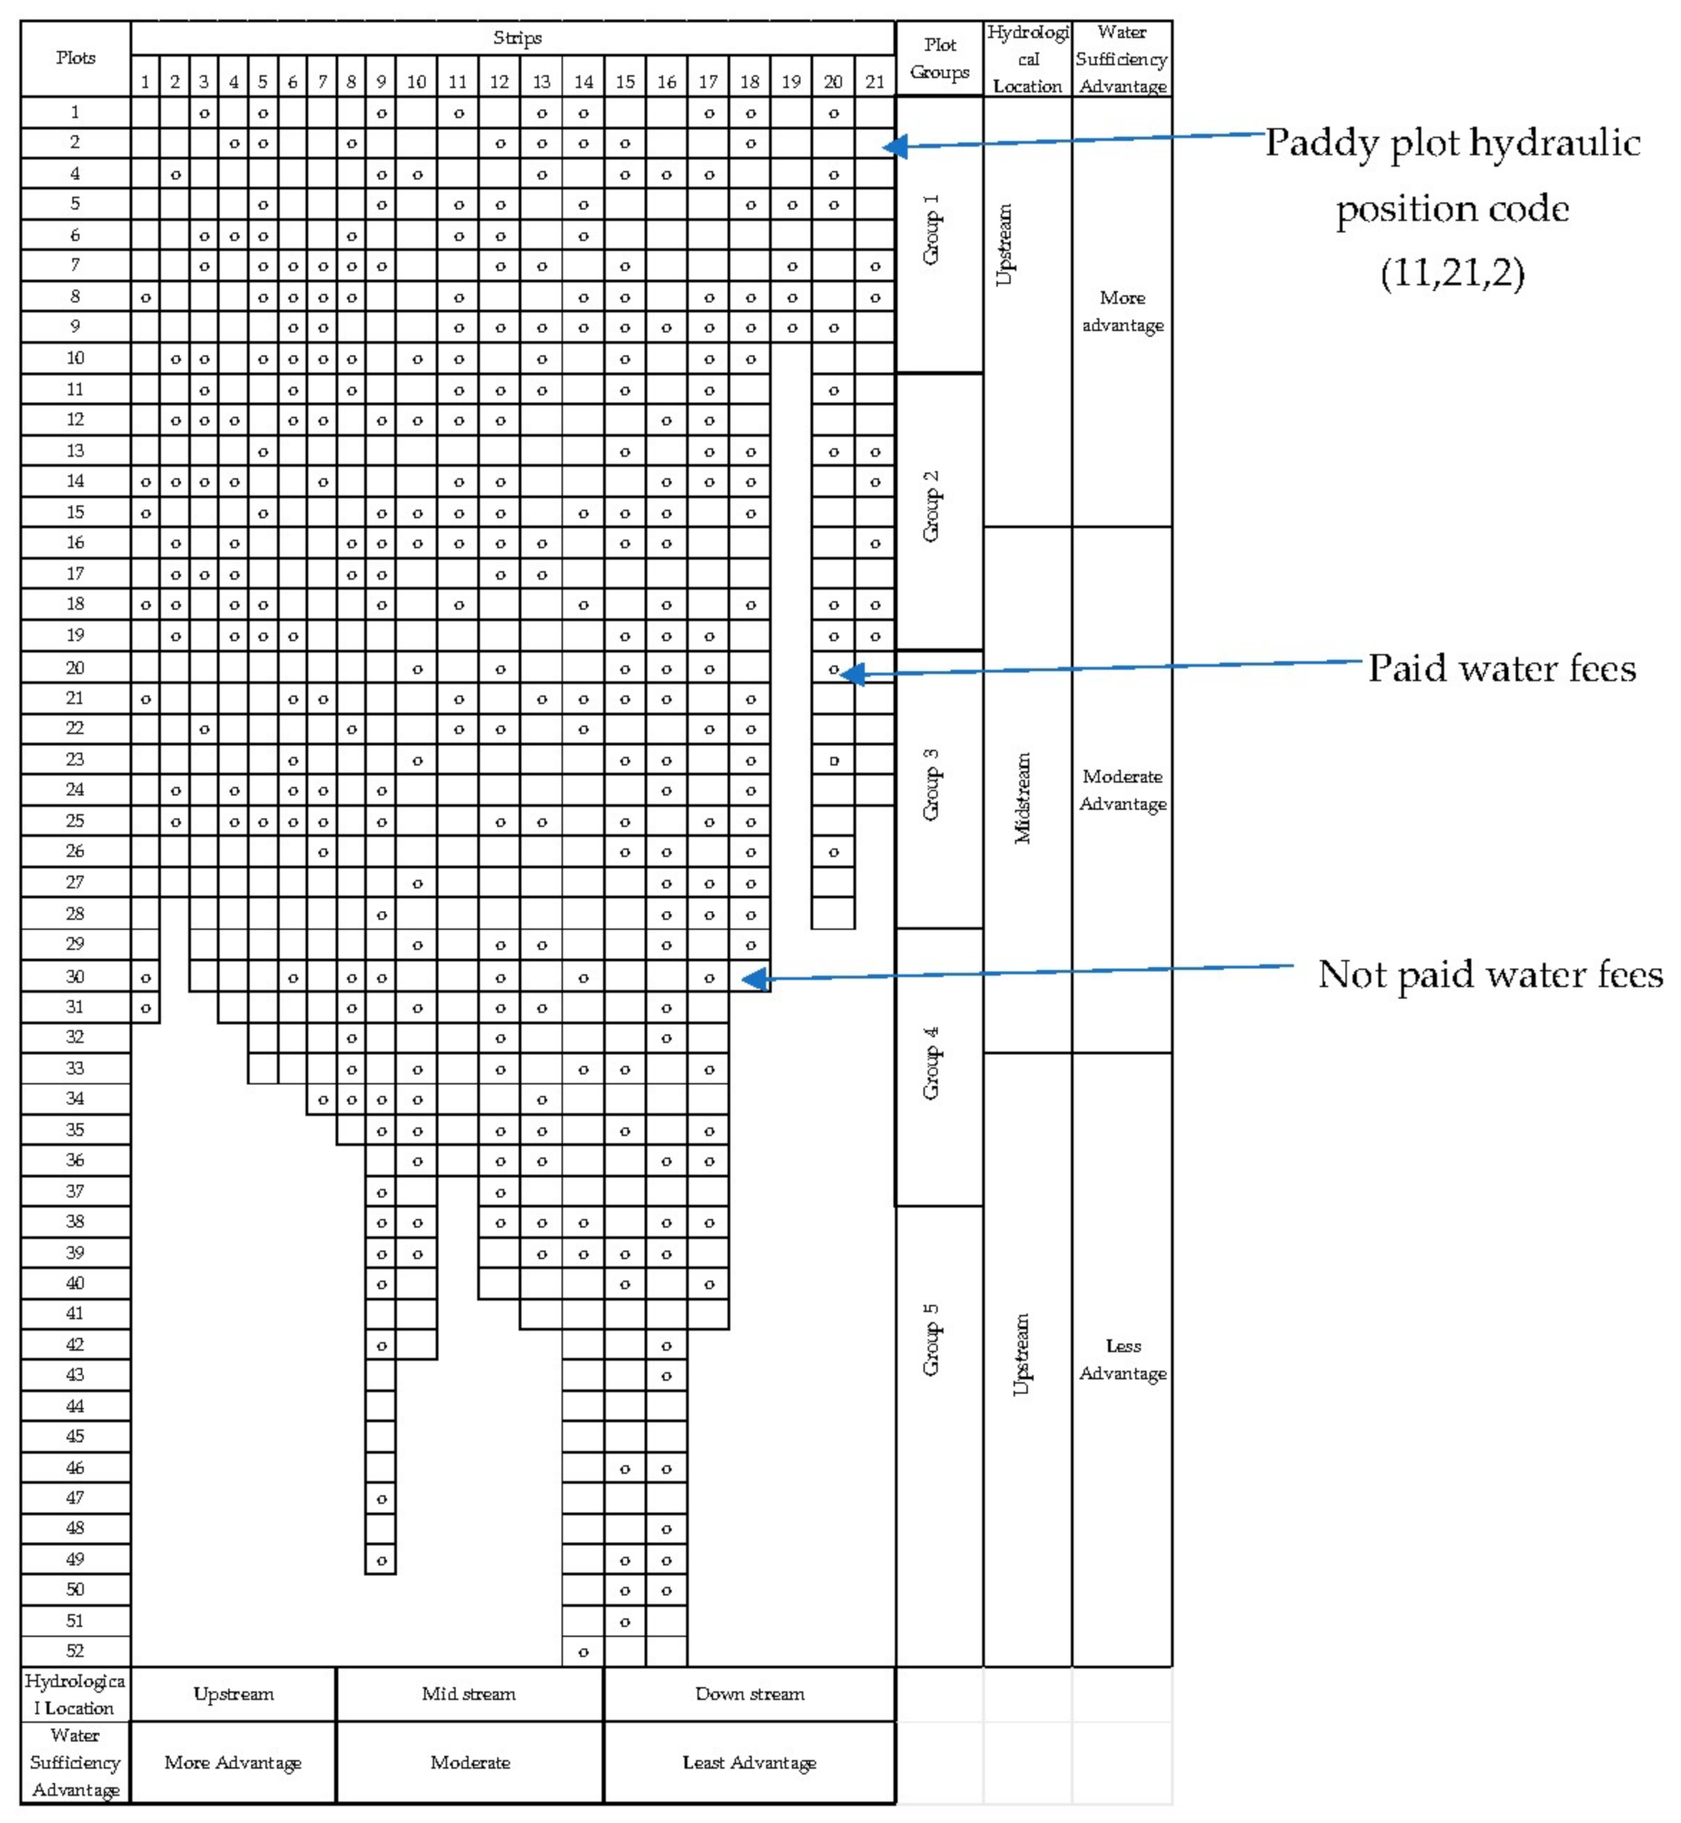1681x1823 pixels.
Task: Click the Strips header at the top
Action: pos(517,38)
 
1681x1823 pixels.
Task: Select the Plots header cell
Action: pos(76,57)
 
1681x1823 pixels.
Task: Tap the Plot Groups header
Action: pos(940,58)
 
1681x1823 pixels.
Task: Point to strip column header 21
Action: pos(874,82)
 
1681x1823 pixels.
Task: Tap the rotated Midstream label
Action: pos(1023,798)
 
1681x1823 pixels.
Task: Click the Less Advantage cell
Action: pos(1123,1359)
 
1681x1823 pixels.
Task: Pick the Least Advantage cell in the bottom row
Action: pos(749,1763)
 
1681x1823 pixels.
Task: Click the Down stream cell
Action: pos(749,1694)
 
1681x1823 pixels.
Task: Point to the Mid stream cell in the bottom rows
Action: pos(468,1694)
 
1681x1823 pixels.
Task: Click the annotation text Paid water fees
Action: pos(1502,668)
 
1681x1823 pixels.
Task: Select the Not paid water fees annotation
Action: pos(1490,974)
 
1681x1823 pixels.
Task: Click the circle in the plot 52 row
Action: pos(583,1652)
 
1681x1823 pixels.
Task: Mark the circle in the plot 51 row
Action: pos(625,1622)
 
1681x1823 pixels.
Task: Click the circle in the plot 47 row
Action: pos(381,1498)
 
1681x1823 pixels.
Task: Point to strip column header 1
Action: pos(144,82)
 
